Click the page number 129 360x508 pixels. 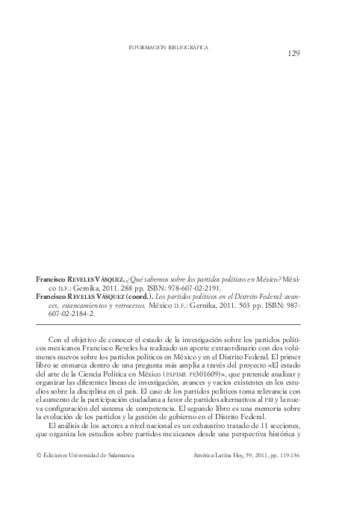pyautogui.click(x=294, y=53)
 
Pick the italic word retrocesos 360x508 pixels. pyautogui.click(x=122, y=305)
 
